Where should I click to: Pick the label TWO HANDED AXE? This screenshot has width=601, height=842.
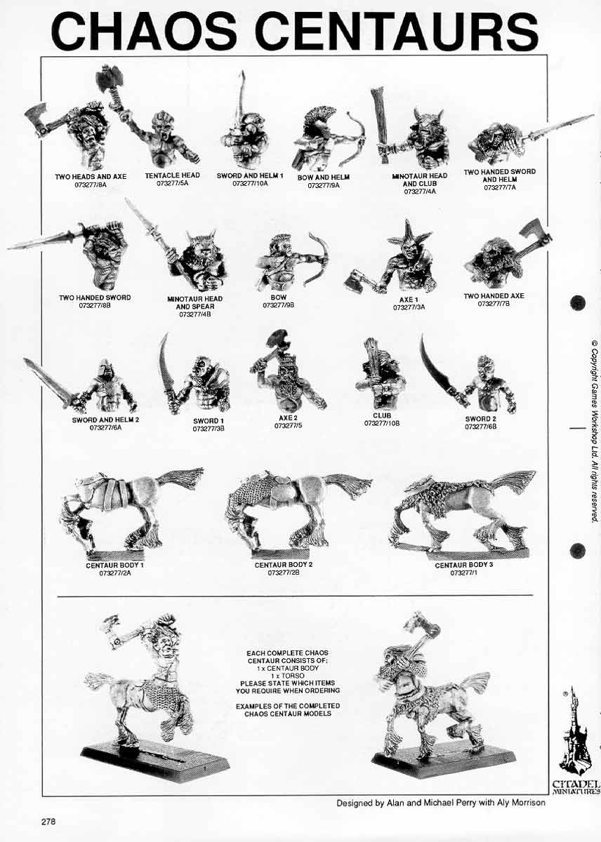(x=494, y=296)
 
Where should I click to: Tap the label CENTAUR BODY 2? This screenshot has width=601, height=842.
(x=284, y=565)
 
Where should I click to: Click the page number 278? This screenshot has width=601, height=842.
(x=48, y=821)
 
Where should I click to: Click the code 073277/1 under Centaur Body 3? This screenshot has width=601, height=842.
(x=463, y=573)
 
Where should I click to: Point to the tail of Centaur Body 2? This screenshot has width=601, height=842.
(x=348, y=485)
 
